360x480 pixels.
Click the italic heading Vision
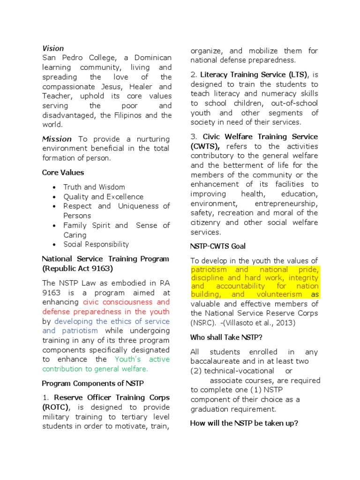[53, 48]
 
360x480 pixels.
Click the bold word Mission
[57, 139]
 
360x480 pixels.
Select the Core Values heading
[63, 172]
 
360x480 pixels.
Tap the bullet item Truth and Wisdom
[94, 187]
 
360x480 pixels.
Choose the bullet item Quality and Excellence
[104, 197]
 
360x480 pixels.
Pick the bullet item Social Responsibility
[96, 244]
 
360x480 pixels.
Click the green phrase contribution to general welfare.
[95, 369]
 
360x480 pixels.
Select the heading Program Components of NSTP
[93, 383]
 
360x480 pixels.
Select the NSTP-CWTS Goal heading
[218, 246]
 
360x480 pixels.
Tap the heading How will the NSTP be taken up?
[244, 423]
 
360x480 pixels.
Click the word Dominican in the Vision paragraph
[153, 58]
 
